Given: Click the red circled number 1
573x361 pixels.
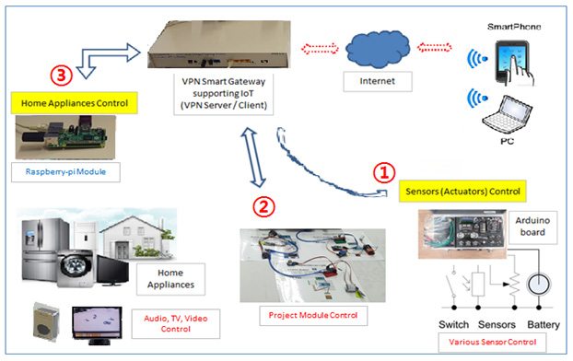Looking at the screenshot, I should click(385, 172).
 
